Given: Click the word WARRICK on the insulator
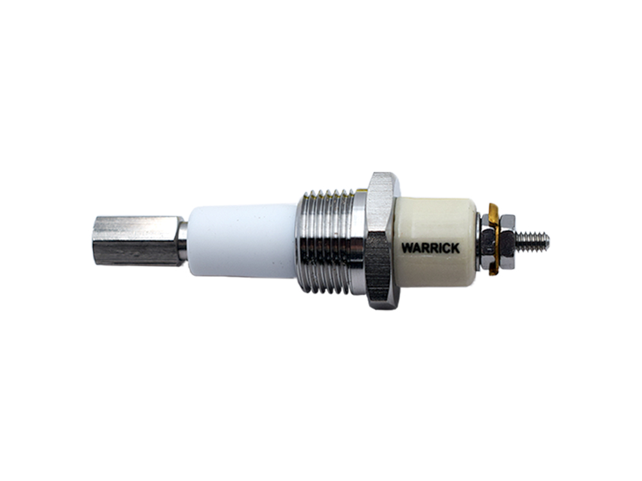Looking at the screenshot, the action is coord(430,248).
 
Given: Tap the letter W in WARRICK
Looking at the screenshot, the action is coord(407,248).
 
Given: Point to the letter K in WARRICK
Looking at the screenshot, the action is coord(455,248).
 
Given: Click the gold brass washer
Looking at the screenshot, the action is coord(494,239).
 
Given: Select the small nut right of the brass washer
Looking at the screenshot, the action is coord(507,241).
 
